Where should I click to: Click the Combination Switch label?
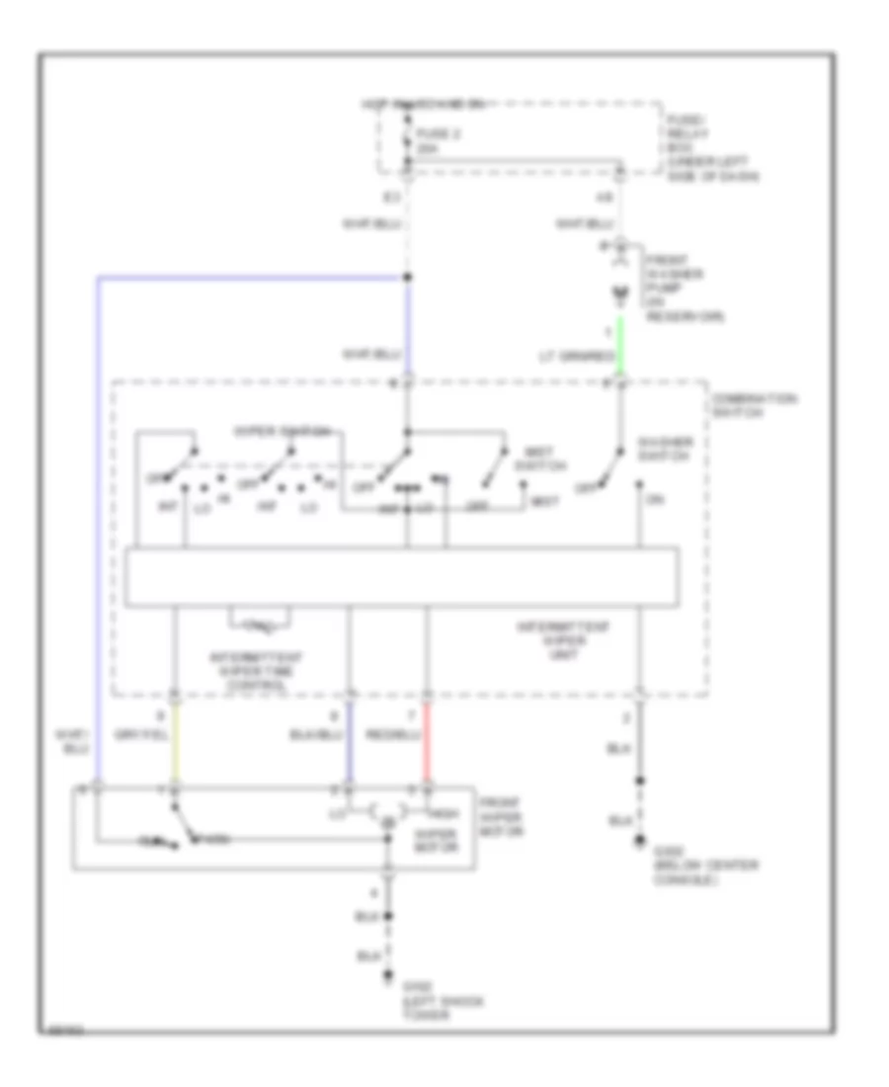click(752, 404)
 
